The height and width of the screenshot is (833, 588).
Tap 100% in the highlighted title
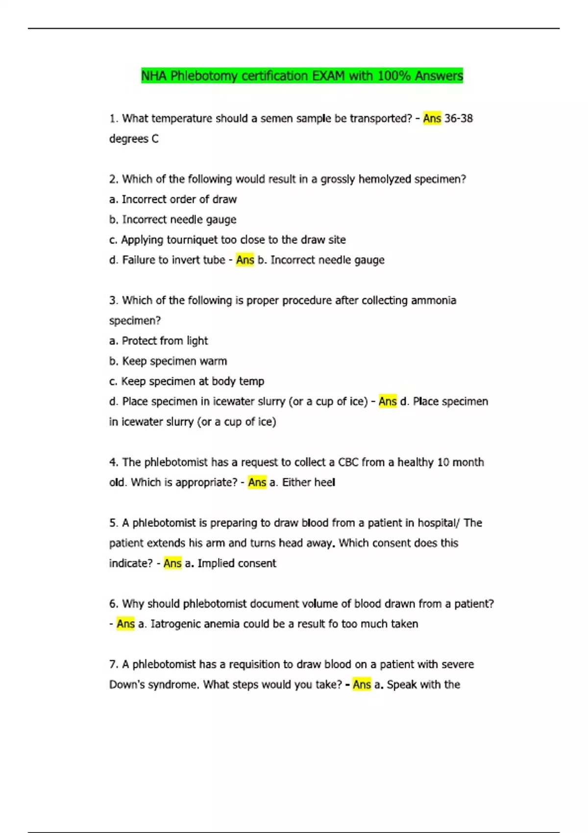(x=394, y=76)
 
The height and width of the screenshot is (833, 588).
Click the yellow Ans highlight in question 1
(x=432, y=119)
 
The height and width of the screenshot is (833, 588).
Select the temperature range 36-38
(x=458, y=119)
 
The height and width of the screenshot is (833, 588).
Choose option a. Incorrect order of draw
(x=172, y=199)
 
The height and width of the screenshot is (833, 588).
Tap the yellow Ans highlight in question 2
(x=245, y=260)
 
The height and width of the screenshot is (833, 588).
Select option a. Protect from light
(x=158, y=341)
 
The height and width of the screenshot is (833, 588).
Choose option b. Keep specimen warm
(x=168, y=361)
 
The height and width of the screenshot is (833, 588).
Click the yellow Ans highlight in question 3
(x=388, y=402)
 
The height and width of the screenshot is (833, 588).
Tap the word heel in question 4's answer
(x=324, y=483)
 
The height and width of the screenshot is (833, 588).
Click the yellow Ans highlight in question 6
(x=125, y=624)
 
